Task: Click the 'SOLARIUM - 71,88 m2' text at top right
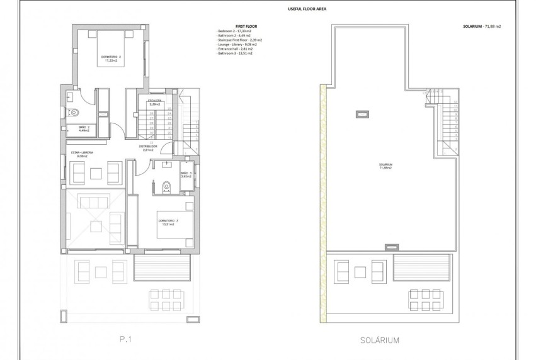tap(482, 27)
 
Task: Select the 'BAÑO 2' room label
tap(84, 127)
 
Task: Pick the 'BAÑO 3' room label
tap(186, 173)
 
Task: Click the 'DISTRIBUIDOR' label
tap(149, 147)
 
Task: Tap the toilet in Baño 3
tap(167, 186)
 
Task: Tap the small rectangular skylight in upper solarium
tap(362, 113)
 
